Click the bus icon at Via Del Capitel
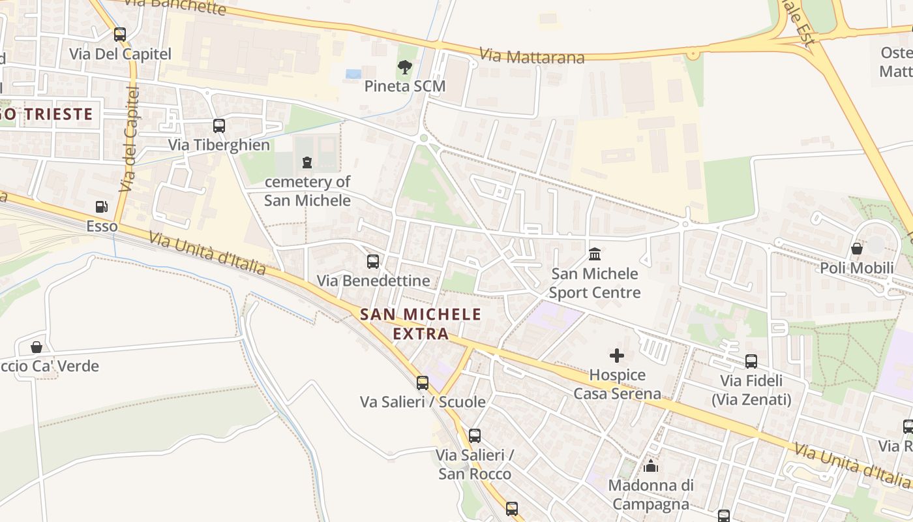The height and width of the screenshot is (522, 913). tap(119, 35)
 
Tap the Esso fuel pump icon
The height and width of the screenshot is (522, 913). tap(102, 207)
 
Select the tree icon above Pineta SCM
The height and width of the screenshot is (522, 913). tap(404, 67)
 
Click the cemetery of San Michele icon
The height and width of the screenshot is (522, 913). tap(307, 162)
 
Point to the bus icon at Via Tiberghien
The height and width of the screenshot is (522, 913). tap(219, 125)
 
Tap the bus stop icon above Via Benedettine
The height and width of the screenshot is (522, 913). tap(373, 262)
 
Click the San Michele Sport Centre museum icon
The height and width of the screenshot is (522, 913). tap(595, 254)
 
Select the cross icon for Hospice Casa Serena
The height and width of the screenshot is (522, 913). tap(616, 356)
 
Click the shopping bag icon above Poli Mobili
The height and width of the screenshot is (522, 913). tap(857, 249)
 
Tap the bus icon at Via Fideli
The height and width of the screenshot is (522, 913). tap(751, 361)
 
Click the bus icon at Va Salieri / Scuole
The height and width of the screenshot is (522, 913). tap(423, 382)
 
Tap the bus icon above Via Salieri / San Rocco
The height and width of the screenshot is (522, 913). tap(475, 435)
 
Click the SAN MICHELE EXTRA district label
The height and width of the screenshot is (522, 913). tap(421, 324)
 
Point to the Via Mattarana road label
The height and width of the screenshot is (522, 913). tap(531, 56)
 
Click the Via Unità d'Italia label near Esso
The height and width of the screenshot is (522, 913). tap(207, 254)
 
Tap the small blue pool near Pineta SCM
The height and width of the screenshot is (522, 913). tap(353, 74)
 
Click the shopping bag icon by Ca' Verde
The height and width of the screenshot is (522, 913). tap(37, 347)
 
